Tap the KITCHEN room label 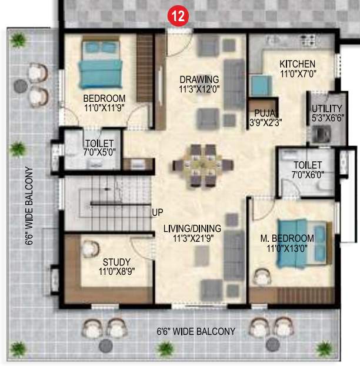click(x=297, y=64)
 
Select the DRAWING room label click(x=199, y=79)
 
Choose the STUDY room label click(x=116, y=262)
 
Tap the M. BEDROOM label click(x=287, y=238)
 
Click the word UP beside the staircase click(x=158, y=212)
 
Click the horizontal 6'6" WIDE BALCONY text click(x=196, y=331)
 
